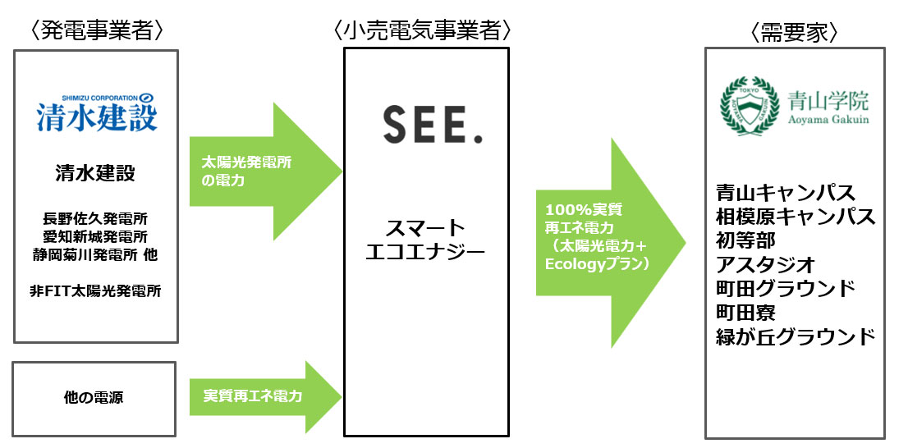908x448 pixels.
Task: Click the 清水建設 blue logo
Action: tap(96, 113)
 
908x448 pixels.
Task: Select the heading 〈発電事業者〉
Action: tap(96, 31)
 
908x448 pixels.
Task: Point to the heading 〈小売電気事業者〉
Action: tap(424, 31)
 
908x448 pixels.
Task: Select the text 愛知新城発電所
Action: tap(95, 236)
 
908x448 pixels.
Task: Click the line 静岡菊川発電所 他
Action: tap(95, 254)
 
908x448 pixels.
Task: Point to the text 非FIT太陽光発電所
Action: tap(95, 290)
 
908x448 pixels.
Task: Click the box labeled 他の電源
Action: tap(95, 399)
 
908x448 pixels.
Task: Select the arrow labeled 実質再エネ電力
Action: tap(263, 397)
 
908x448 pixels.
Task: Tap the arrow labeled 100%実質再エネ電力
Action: tap(608, 242)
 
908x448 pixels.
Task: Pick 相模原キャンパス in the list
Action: tap(795, 217)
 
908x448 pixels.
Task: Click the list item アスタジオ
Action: tap(765, 264)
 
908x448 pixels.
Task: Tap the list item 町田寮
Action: tap(745, 313)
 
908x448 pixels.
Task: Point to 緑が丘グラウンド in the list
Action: tap(795, 336)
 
